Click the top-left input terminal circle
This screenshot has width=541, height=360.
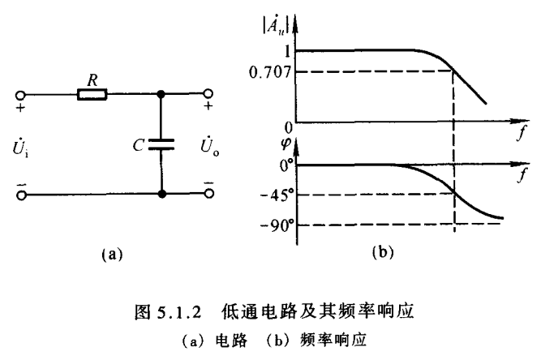pyautogui.click(x=21, y=95)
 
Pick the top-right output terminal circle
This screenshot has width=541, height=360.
pyautogui.click(x=209, y=95)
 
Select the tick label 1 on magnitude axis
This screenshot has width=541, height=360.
pyautogui.click(x=286, y=50)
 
